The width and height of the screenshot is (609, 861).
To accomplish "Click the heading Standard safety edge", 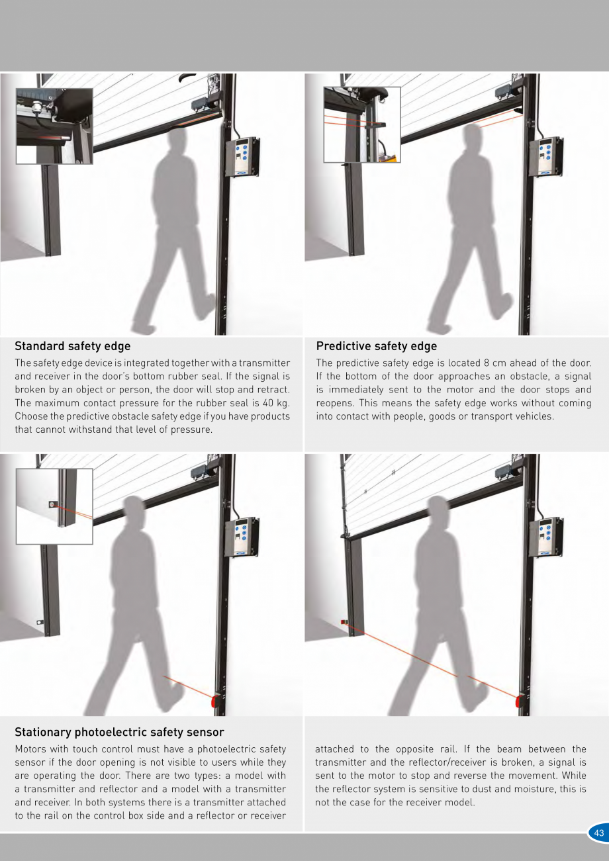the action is click(x=73, y=346).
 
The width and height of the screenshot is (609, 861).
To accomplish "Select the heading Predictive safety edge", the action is click(x=377, y=346).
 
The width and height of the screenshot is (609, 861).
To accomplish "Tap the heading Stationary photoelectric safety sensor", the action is click(x=119, y=732).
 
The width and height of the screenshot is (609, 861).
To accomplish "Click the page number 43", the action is click(x=599, y=833).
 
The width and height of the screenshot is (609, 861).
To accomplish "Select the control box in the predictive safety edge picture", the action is click(x=547, y=156).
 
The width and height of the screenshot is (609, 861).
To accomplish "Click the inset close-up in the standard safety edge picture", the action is click(x=54, y=126).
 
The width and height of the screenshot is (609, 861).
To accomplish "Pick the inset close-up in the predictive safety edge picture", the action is click(x=362, y=124).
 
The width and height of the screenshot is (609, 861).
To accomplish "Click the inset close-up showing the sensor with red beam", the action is click(x=54, y=506).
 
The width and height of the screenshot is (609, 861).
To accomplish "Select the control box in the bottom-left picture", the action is click(x=242, y=537).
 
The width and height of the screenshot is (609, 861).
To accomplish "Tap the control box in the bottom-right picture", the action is click(x=546, y=537).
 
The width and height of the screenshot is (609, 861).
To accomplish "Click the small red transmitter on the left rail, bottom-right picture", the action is click(x=343, y=621).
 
